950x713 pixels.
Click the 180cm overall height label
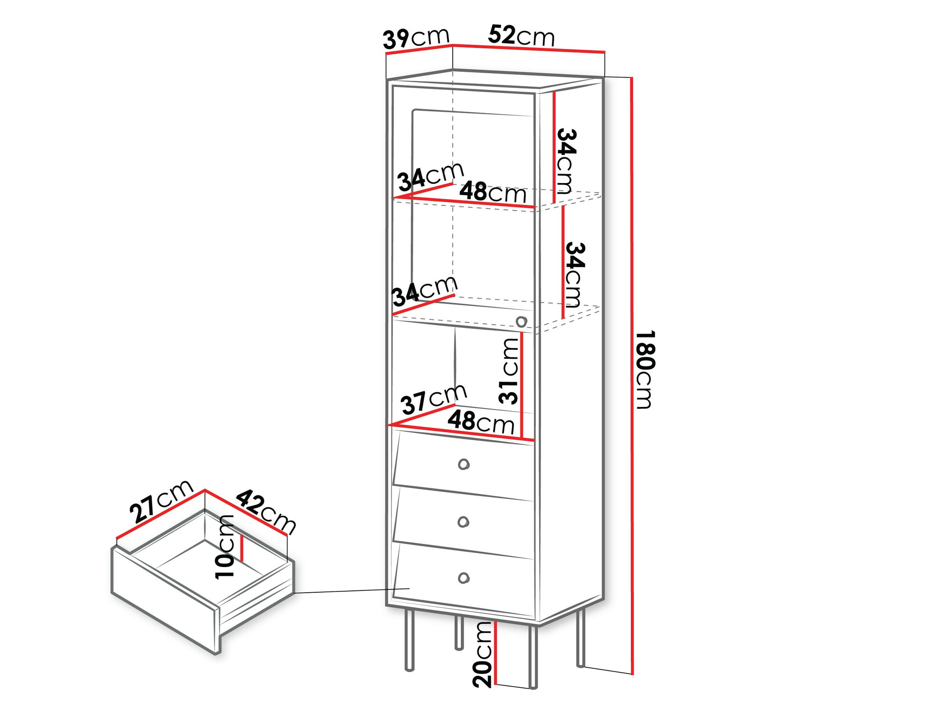pyautogui.click(x=646, y=369)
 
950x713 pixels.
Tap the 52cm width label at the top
pyautogui.click(x=521, y=36)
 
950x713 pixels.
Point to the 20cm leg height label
pyautogui.click(x=483, y=655)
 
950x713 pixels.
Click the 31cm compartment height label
pyautogui.click(x=509, y=371)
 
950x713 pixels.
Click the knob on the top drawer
pyautogui.click(x=464, y=464)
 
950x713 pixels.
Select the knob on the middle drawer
pyautogui.click(x=463, y=522)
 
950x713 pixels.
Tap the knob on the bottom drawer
pyautogui.click(x=464, y=578)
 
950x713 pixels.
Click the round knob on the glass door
pyautogui.click(x=521, y=321)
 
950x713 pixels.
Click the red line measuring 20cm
pyautogui.click(x=495, y=654)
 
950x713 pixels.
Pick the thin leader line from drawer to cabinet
pyautogui.click(x=351, y=591)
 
